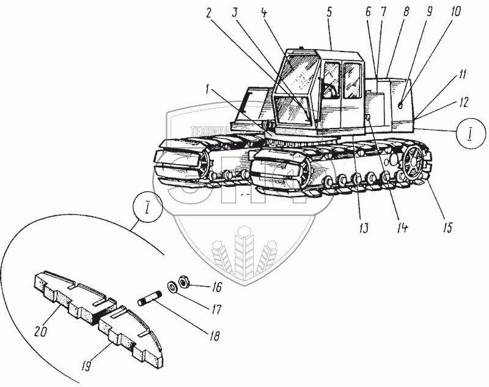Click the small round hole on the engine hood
pyautogui.click(x=400, y=105)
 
